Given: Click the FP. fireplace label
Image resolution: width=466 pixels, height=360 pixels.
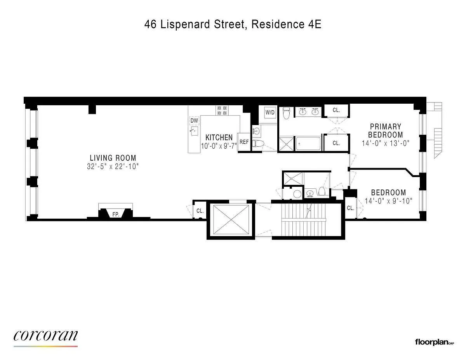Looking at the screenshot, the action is [116, 214].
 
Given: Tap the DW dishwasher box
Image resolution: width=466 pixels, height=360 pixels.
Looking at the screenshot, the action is [194, 120].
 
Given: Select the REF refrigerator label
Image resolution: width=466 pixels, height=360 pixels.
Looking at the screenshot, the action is [244, 142].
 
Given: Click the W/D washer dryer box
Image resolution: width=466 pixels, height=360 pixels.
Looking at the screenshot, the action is [270, 112].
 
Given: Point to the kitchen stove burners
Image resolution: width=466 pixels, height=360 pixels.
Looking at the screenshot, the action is [222, 110].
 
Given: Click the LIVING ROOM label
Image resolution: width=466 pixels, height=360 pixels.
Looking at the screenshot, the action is [113, 158].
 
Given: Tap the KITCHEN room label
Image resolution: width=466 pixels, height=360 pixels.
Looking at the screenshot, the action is [219, 137].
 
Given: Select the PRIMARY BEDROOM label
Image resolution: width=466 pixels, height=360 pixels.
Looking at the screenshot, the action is [385, 130].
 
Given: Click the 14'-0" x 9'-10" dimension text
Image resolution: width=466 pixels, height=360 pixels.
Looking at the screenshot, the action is [389, 201].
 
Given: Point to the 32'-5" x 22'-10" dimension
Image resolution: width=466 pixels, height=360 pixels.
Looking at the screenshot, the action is [113, 166].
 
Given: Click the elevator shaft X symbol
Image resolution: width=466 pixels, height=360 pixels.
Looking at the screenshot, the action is [231, 219].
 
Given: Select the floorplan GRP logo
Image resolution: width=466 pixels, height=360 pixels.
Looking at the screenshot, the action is [435, 348].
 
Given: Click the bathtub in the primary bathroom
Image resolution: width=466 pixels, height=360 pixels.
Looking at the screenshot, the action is [308, 144].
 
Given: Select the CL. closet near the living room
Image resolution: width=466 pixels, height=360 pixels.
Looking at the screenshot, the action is [200, 211].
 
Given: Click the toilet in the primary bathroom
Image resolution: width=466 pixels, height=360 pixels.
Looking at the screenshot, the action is [286, 113].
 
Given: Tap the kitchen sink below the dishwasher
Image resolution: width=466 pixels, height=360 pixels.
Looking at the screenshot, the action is [194, 131].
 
